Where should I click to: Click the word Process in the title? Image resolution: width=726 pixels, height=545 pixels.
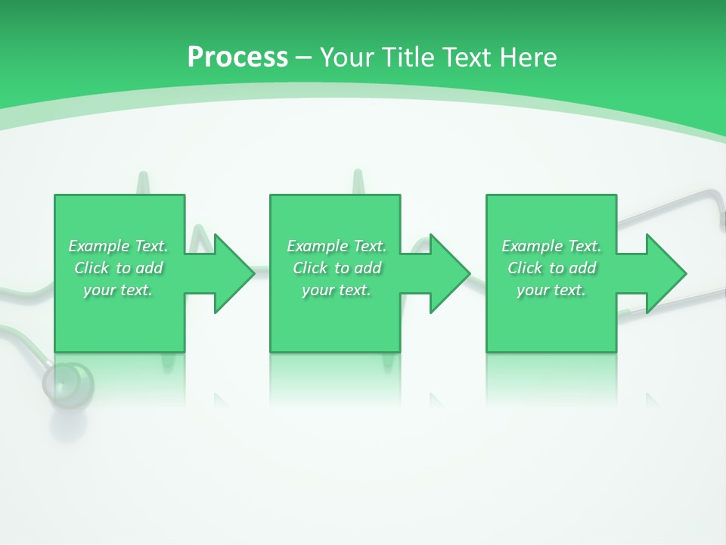(x=237, y=58)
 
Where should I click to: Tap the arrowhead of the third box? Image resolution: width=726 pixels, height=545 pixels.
(x=664, y=273)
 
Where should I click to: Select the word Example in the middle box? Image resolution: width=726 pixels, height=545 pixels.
(x=317, y=246)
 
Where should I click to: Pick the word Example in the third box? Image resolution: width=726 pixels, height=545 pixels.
(x=532, y=246)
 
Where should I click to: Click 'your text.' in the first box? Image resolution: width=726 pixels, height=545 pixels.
(x=118, y=290)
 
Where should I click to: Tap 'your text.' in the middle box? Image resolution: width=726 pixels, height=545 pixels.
(x=337, y=290)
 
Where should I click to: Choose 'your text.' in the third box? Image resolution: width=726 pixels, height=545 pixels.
(x=551, y=290)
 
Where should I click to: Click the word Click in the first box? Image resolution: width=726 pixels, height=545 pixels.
(x=91, y=268)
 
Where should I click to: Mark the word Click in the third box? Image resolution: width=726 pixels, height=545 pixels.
(x=525, y=268)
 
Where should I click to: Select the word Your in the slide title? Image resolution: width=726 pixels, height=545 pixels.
(x=349, y=58)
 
